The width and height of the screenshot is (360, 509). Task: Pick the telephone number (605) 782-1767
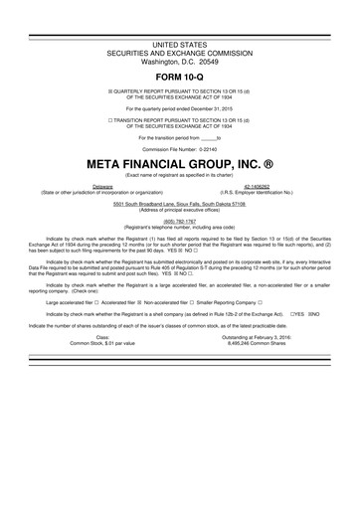tap(179, 224)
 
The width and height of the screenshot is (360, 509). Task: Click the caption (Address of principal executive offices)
tap(179, 211)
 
